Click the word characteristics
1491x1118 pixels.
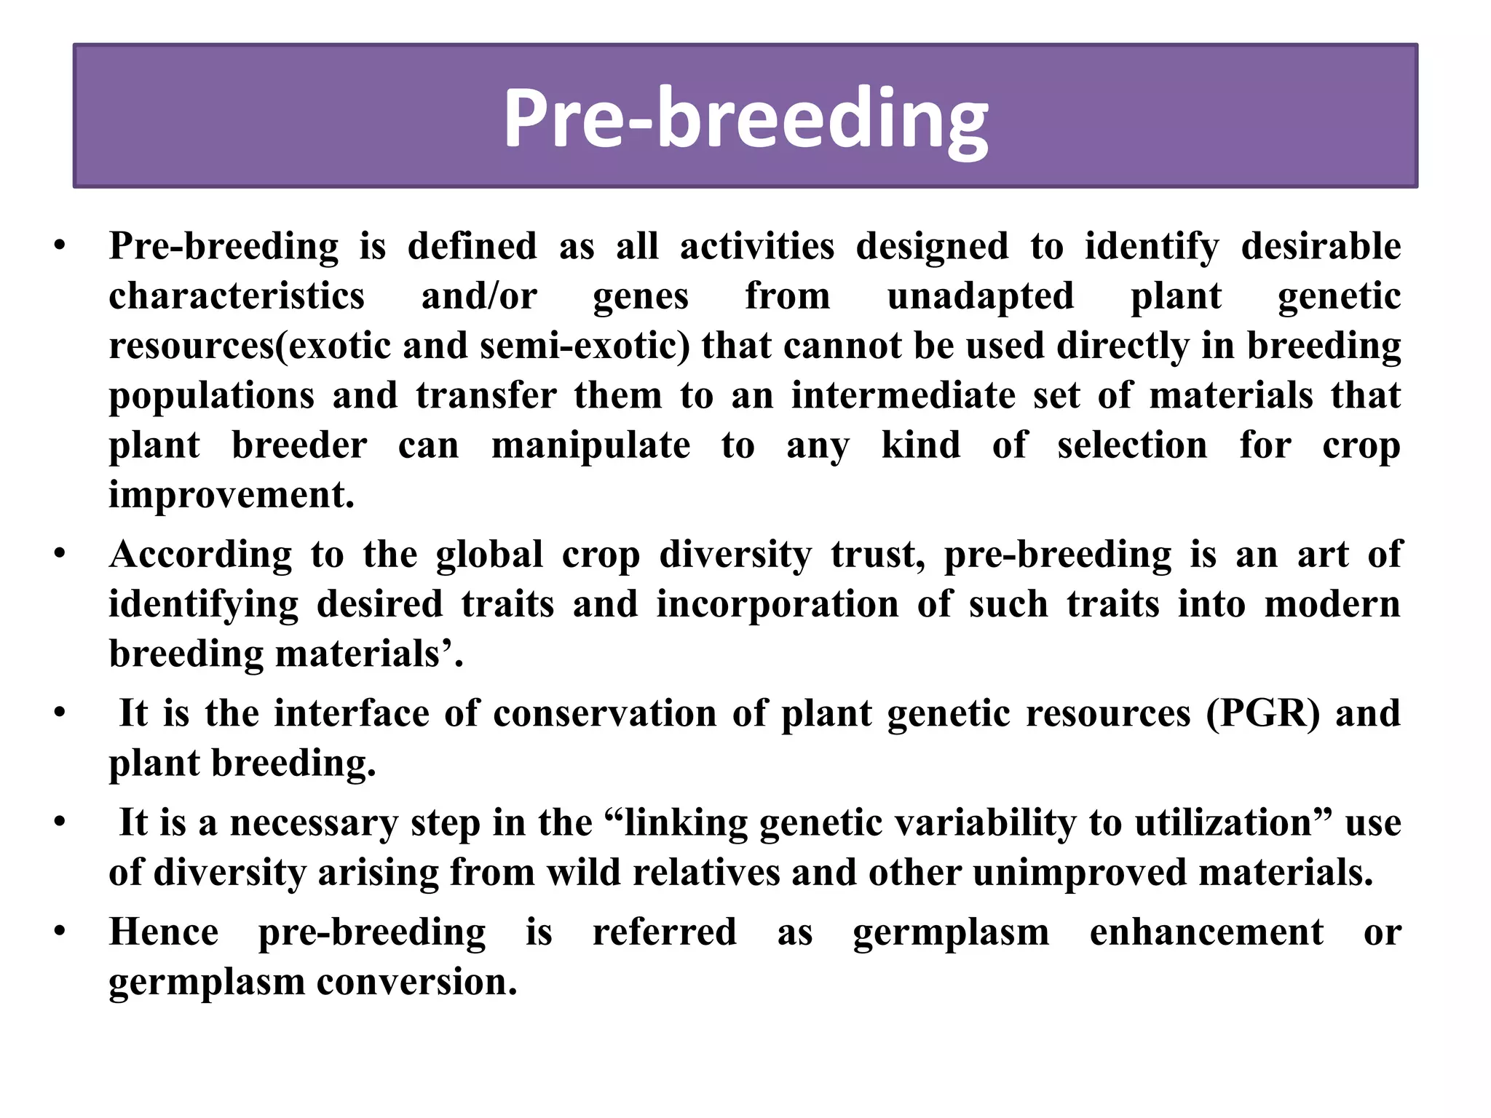click(237, 296)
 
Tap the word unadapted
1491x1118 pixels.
click(980, 296)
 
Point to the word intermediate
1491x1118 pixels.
click(903, 396)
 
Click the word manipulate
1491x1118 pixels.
click(590, 445)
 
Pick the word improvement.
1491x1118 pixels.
click(232, 495)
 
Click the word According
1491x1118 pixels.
click(200, 555)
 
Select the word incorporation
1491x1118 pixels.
click(777, 604)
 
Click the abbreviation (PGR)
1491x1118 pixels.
click(1262, 713)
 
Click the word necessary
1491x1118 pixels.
click(314, 822)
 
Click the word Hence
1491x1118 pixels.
click(164, 932)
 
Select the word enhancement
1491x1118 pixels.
click(1206, 932)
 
